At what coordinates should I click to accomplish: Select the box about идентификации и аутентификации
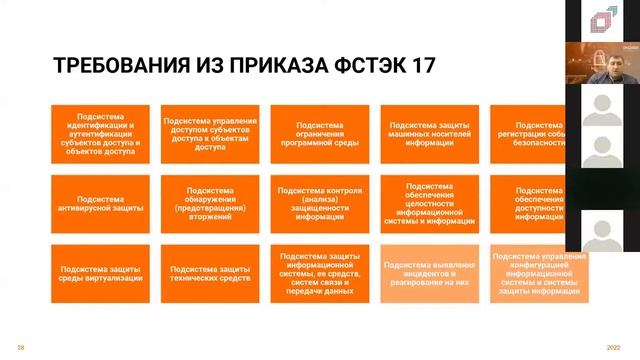coord(100,134)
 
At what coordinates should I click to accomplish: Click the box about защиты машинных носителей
coord(430,134)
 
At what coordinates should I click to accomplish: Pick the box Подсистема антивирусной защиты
coord(100,203)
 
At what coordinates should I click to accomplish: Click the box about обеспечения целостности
coord(430,203)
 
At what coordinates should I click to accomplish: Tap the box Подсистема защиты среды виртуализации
coord(100,273)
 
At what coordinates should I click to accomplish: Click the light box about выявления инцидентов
coord(430,273)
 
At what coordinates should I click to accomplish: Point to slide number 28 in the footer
coord(21,347)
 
